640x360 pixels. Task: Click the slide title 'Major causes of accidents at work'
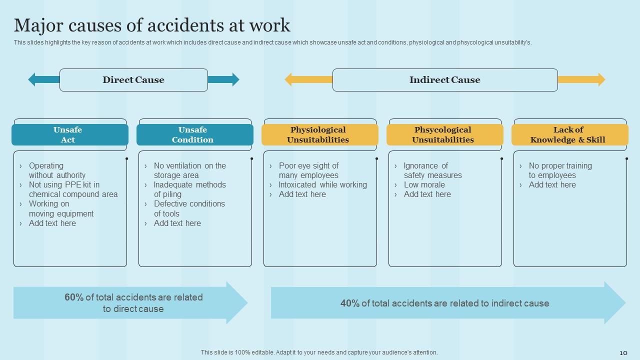coord(152,25)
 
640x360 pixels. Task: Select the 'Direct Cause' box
coord(133,80)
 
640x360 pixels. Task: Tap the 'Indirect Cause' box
coord(444,80)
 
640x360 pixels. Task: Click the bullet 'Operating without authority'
coord(57,170)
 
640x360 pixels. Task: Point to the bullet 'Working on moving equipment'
coord(61,209)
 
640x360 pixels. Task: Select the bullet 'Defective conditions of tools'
coord(189,209)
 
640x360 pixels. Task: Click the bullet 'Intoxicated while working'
coord(322,185)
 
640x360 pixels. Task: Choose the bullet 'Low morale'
coord(424,185)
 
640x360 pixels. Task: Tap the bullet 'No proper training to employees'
coord(560,170)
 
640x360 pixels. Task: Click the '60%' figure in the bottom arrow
coord(74,297)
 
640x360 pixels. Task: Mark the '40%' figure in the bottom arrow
coord(350,303)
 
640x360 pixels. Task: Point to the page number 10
coord(623,353)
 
